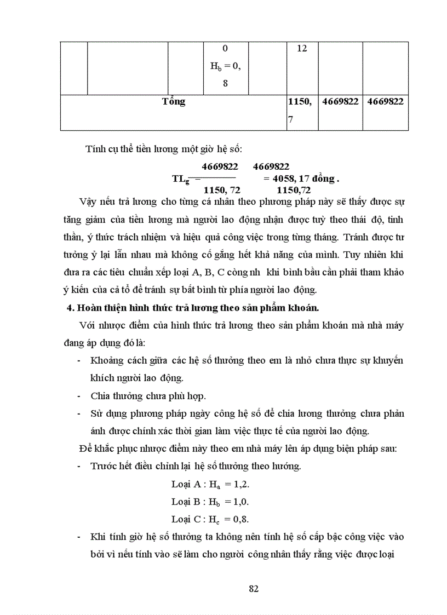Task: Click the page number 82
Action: click(253, 589)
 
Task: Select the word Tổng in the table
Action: click(174, 101)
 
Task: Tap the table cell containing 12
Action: click(302, 48)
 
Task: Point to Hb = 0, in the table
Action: click(226, 66)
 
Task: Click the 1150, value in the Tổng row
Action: click(299, 101)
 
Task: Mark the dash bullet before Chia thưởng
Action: click(80, 395)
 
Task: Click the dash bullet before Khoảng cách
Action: click(80, 360)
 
